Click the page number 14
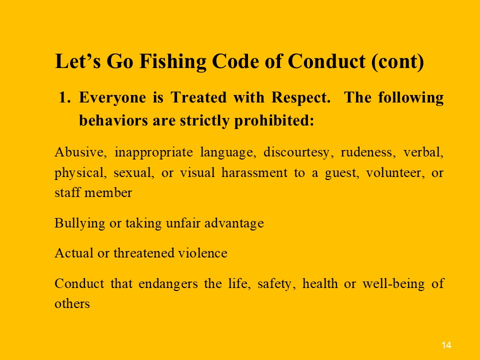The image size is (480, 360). pos(446,345)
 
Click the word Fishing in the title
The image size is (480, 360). pos(172,62)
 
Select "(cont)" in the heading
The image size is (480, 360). pos(397,61)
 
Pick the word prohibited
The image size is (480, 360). pos(274,120)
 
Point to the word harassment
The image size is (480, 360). pos(254,173)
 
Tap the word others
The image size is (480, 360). pos(72,304)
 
